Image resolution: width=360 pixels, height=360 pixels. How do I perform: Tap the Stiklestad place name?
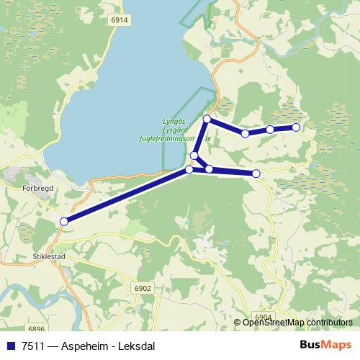tap(49, 256)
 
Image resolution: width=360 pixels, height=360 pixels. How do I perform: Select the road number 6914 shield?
tap(120, 21)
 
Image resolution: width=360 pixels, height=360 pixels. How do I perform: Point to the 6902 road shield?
tap(143, 288)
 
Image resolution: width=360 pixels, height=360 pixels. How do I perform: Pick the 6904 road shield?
tap(264, 317)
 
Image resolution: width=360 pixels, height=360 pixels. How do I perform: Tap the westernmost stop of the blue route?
tap(64, 221)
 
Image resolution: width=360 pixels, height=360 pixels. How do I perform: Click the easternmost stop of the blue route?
tap(296, 127)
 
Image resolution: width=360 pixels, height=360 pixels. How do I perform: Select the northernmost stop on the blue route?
tap(207, 119)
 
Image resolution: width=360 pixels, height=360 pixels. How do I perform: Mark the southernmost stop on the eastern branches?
tap(256, 174)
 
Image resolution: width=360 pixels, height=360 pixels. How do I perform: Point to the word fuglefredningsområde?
tap(174, 137)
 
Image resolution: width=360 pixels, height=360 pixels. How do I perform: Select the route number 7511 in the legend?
tap(30, 346)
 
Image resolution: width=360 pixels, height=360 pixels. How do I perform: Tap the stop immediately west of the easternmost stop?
tap(270, 130)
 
